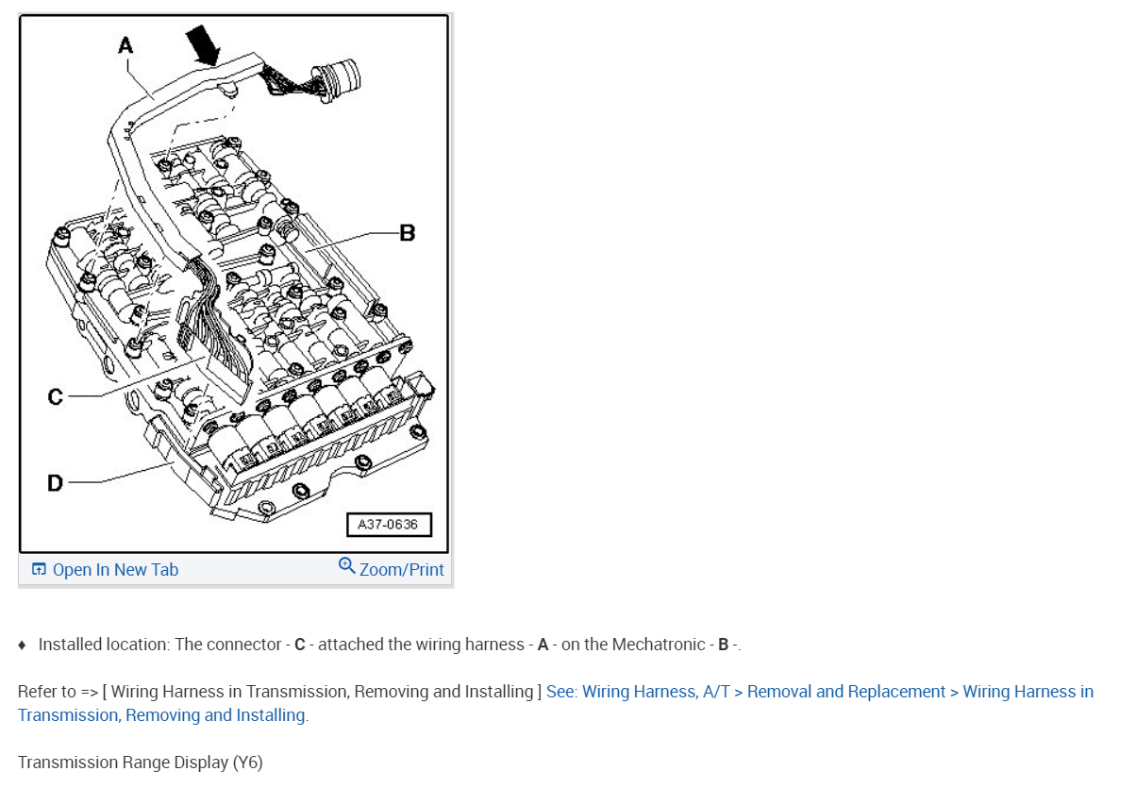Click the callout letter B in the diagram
(408, 232)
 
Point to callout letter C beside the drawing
(56, 396)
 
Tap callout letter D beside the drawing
(56, 482)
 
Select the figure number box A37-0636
(389, 525)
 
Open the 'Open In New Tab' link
(115, 570)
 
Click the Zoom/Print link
(401, 570)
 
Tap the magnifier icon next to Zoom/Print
(346, 566)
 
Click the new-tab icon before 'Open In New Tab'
(39, 570)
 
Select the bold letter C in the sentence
(300, 645)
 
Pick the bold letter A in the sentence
(543, 645)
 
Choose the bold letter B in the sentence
(723, 645)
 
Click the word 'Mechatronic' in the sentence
(659, 645)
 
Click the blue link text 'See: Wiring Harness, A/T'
(637, 692)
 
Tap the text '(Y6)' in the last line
(247, 763)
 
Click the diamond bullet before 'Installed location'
(22, 645)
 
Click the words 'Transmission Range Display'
(123, 763)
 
